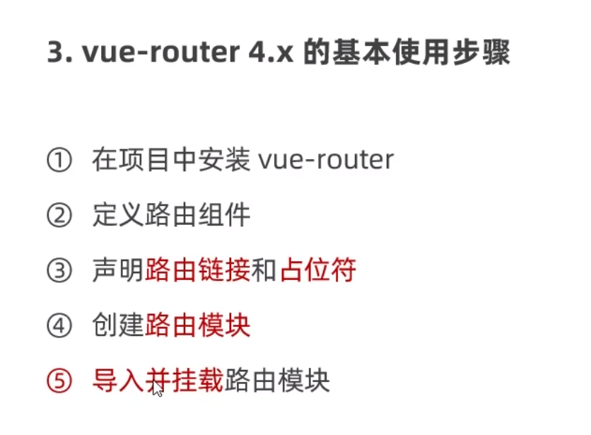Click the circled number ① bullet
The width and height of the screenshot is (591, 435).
click(x=59, y=160)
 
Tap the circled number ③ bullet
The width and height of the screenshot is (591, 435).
click(x=59, y=270)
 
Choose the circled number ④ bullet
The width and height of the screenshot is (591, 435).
click(x=59, y=326)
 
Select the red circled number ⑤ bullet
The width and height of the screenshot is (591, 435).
click(x=59, y=382)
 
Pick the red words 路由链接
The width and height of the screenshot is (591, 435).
click(x=197, y=270)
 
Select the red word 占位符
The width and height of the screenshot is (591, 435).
click(x=317, y=270)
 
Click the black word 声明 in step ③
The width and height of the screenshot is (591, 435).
click(x=118, y=270)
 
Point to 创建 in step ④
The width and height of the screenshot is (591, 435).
click(x=118, y=326)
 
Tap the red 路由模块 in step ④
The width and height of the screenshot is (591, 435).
click(x=197, y=326)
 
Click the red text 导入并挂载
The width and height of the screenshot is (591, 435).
click(x=158, y=382)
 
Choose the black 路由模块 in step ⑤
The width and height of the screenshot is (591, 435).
click(x=276, y=382)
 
